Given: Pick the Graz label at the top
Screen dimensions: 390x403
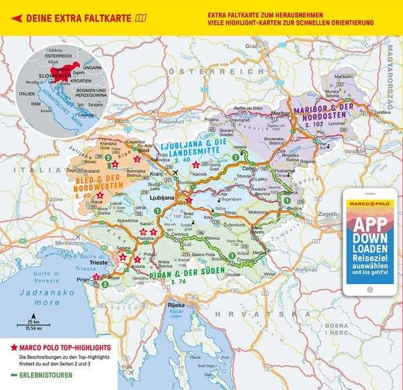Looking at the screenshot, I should [x=252, y=46].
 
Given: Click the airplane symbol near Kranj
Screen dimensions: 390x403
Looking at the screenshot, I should [x=175, y=172].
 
